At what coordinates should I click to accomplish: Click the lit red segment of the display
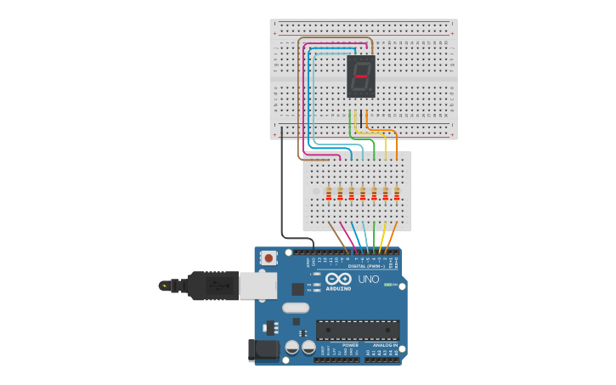tap(361, 76)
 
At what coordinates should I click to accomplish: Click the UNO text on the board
tap(369, 280)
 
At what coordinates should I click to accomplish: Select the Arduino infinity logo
tap(338, 280)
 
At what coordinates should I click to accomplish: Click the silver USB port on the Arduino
tap(257, 286)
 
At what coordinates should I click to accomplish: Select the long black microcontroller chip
tap(358, 329)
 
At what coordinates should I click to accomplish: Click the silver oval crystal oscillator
tap(295, 308)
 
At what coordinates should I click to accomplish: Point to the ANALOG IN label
tap(383, 345)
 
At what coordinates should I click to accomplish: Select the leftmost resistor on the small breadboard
tap(328, 194)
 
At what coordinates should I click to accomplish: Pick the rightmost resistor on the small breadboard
tap(397, 194)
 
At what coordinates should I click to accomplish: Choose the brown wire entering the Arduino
tap(339, 237)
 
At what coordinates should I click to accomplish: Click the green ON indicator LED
tap(387, 285)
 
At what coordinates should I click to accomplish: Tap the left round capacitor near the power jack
tap(291, 347)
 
